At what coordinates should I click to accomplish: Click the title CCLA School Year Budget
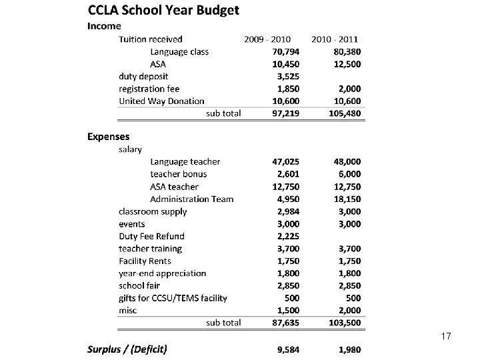[163, 10]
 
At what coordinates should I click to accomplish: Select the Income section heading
[105, 26]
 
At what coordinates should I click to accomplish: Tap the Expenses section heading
[109, 137]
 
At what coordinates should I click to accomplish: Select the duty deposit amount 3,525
[287, 76]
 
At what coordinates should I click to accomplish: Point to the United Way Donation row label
[161, 101]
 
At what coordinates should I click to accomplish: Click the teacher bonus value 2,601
[287, 174]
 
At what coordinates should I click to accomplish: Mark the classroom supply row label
[153, 211]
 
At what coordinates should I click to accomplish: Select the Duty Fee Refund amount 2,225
[287, 236]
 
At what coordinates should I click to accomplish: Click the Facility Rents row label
[145, 261]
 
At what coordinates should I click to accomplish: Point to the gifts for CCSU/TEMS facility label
[173, 298]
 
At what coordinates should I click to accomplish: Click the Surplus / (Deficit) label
[127, 348]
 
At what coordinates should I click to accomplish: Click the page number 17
[446, 337]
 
